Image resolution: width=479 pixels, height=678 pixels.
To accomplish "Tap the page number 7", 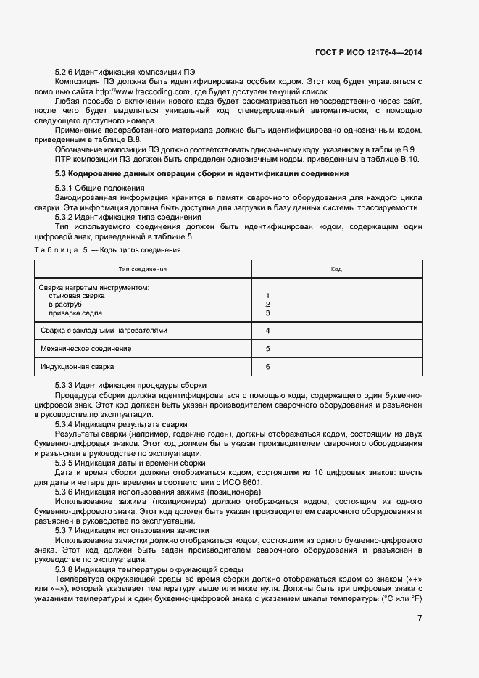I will point(420,618).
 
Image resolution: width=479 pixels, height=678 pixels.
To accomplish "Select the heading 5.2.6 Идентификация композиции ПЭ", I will point(125,73).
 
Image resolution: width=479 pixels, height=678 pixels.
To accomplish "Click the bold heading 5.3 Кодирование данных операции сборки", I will point(202,174).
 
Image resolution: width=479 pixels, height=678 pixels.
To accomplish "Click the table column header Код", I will point(336,269).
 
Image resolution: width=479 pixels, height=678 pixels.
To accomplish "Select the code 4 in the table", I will point(268,331).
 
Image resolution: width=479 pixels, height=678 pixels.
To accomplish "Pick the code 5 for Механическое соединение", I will point(268,350).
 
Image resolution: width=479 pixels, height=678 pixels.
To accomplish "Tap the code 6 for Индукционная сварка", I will point(268,368).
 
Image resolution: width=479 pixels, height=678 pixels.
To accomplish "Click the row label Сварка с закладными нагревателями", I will point(104,331).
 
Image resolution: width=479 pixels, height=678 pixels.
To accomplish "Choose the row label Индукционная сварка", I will point(78,368).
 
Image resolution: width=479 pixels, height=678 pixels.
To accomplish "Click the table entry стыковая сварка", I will point(77,297).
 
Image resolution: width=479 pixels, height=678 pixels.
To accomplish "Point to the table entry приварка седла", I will point(75,313).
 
